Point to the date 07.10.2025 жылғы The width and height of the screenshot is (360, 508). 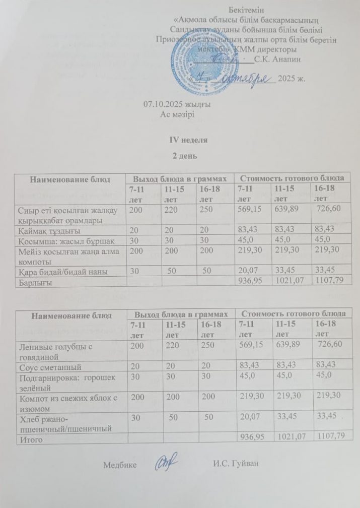(177, 104)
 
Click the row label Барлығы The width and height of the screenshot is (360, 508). (33, 283)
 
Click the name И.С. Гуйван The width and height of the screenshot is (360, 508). (236, 463)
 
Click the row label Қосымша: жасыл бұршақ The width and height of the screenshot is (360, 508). (63, 240)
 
